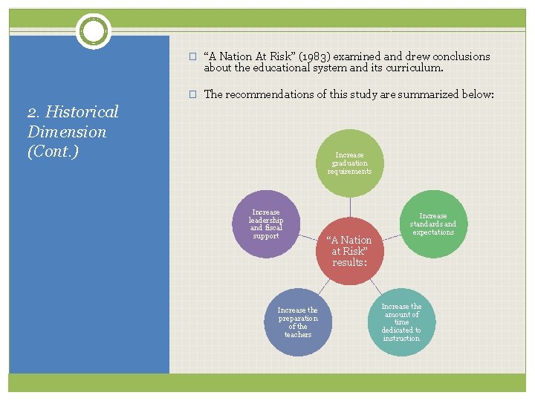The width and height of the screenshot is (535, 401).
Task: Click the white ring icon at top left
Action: click(94, 31)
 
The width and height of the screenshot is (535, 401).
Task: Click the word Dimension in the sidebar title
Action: click(67, 132)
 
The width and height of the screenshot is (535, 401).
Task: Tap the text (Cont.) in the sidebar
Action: click(53, 151)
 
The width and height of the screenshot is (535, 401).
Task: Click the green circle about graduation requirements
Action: click(349, 163)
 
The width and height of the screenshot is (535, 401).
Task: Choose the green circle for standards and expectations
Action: click(433, 224)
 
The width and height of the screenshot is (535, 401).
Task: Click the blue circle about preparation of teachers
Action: click(297, 322)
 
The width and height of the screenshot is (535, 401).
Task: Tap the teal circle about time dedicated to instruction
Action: click(401, 322)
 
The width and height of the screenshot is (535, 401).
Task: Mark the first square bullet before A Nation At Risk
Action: click(192, 56)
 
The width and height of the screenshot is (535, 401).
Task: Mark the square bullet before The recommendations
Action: click(192, 94)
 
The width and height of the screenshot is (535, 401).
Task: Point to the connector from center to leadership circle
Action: click(309, 238)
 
